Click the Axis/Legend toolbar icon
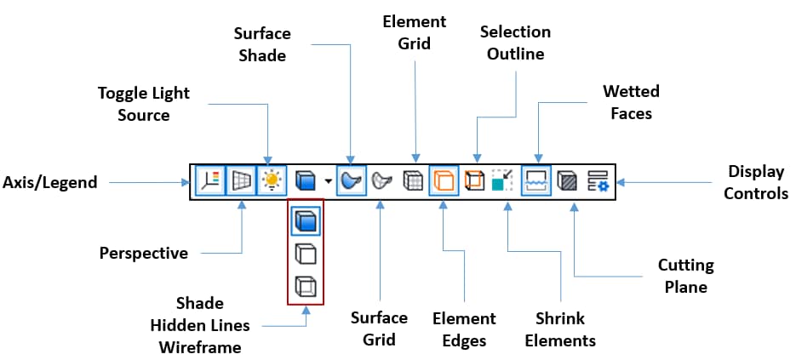[210, 180]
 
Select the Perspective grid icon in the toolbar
[242, 180]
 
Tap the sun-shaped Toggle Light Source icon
[272, 180]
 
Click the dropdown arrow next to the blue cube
[327, 181]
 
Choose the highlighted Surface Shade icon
[351, 180]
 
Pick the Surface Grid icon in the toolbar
[381, 180]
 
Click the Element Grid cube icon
[413, 180]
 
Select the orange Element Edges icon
[444, 180]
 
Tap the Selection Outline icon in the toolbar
[474, 180]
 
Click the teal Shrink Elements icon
[503, 180]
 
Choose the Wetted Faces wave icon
[535, 180]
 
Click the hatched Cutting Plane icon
[566, 180]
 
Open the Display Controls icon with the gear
[597, 180]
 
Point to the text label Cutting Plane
[686, 276]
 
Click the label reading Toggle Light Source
[143, 103]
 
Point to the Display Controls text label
[756, 182]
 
